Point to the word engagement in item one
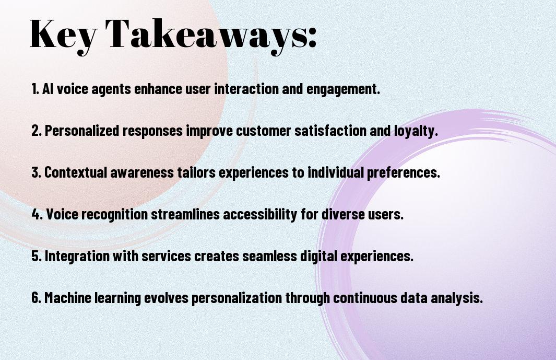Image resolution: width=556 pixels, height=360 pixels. [x=343, y=89]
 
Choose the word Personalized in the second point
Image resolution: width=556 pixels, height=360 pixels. [x=82, y=131]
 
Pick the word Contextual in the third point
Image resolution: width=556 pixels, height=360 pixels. [x=76, y=172]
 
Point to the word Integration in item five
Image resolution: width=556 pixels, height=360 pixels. [x=77, y=256]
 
